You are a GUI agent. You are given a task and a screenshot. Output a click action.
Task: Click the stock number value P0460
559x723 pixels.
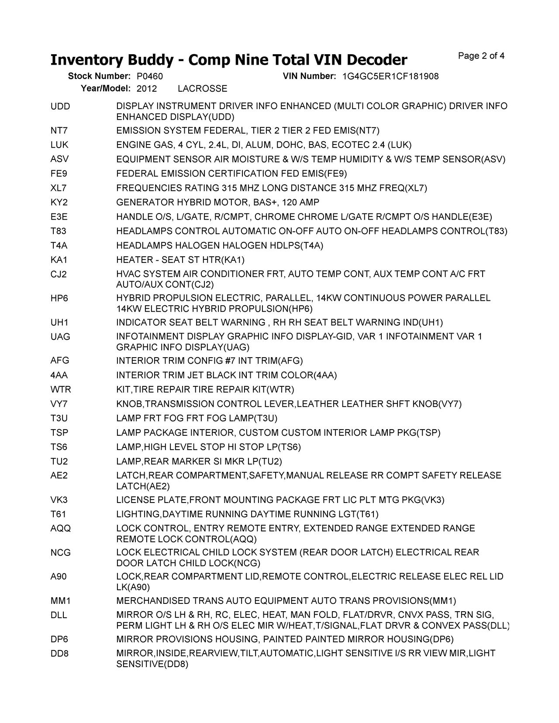point(149,76)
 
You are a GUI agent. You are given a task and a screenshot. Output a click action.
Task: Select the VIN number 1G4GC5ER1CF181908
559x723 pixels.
point(390,76)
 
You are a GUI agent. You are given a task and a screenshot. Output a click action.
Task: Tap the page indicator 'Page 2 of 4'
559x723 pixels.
point(481,56)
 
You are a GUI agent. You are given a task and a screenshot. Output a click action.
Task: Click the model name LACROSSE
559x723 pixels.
point(203,89)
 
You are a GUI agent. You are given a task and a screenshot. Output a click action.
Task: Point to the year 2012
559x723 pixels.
point(147,89)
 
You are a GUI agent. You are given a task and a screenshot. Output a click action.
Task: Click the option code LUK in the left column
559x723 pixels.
point(59,145)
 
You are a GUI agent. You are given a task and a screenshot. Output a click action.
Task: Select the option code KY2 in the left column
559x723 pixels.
point(59,203)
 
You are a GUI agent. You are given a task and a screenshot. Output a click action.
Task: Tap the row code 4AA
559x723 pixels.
point(59,375)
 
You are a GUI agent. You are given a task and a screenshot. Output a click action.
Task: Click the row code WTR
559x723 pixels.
point(60,389)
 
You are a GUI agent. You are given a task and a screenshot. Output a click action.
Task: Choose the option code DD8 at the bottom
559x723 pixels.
point(59,654)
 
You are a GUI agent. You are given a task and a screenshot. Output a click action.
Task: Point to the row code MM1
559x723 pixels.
point(60,601)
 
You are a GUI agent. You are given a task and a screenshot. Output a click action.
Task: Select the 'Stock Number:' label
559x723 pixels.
point(99,76)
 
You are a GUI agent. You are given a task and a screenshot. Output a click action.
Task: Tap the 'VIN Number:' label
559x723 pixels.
point(309,76)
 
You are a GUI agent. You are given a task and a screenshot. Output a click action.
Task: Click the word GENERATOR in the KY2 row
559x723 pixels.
point(145,203)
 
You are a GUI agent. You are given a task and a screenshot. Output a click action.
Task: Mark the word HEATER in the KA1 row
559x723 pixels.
point(133,260)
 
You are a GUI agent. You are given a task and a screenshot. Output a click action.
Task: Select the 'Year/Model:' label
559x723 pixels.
point(106,89)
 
